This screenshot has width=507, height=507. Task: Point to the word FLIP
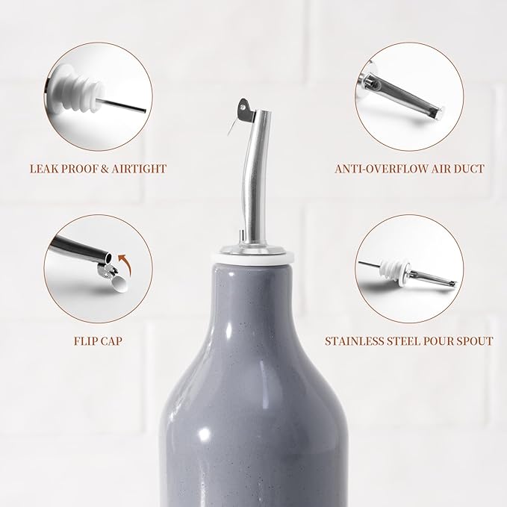tap(85, 341)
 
